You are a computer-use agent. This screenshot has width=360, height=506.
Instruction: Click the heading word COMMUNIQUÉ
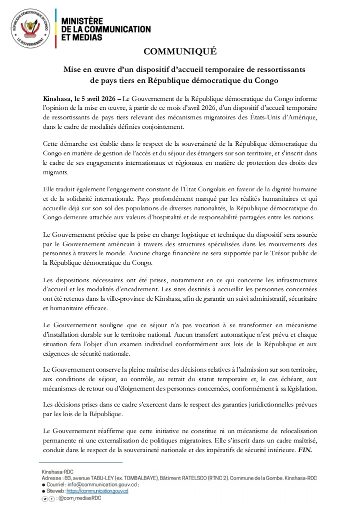coord(180,51)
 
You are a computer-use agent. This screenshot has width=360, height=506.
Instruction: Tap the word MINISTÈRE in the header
coord(82,21)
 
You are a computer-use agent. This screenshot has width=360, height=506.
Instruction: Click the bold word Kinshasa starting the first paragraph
coord(56,99)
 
